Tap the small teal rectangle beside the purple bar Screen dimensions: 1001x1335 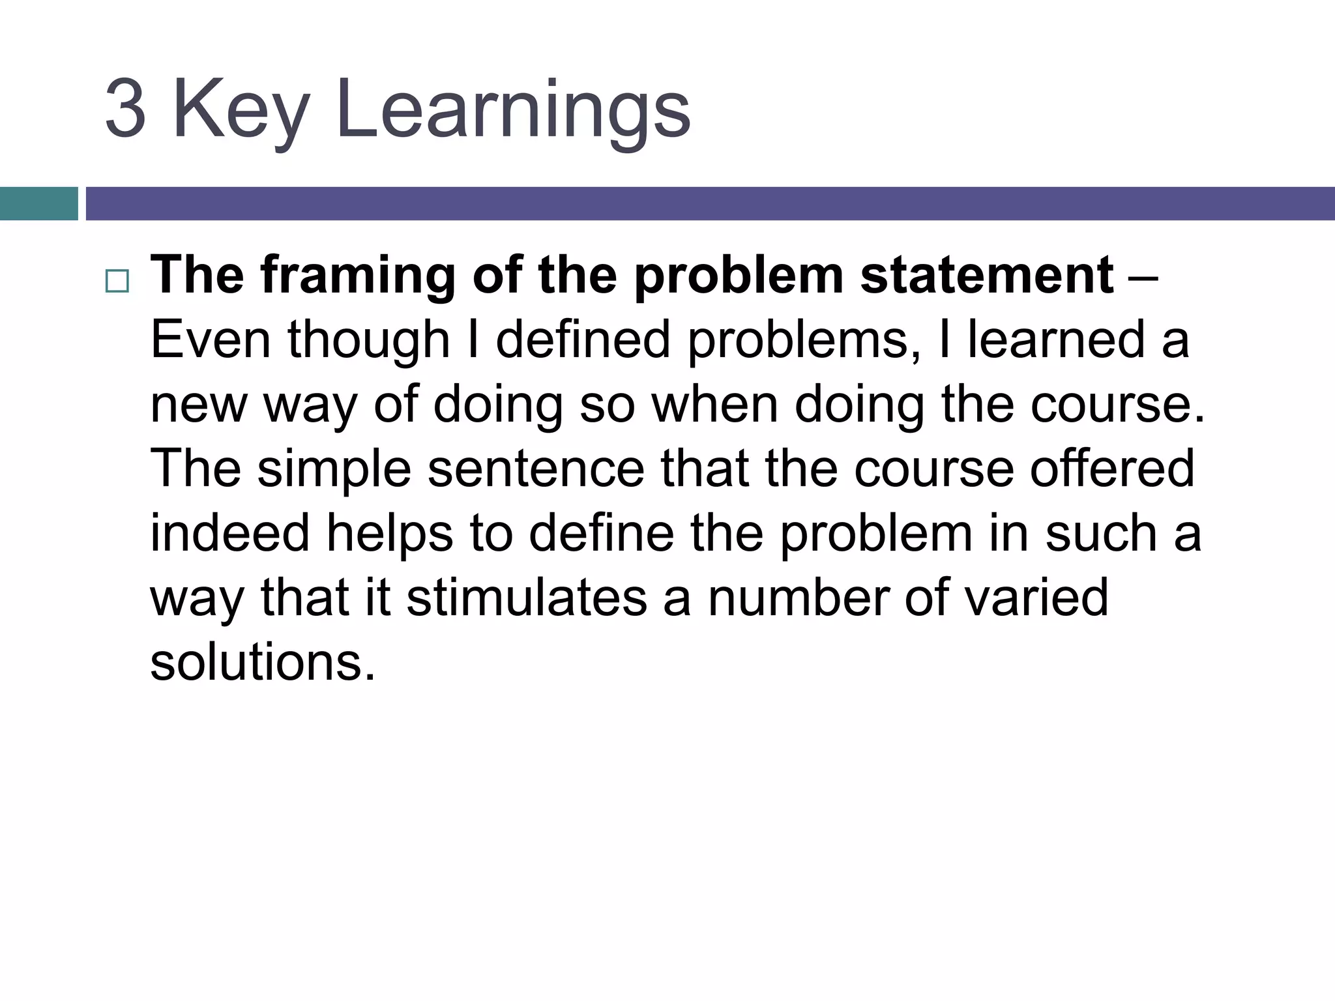pos(38,203)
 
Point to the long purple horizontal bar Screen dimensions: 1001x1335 pos(710,203)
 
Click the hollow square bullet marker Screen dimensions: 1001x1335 pos(117,282)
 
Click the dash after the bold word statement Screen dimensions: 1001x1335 pos(1141,276)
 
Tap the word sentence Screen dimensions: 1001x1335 pos(536,469)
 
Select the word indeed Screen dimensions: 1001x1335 pos(229,533)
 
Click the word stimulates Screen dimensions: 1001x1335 pos(527,598)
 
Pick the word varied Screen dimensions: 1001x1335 pos(1036,598)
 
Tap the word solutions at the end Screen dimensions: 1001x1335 pos(263,662)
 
